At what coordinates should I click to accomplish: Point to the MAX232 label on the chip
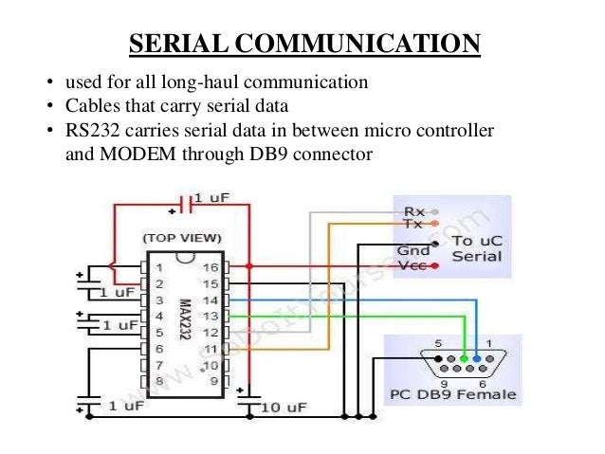click(x=185, y=321)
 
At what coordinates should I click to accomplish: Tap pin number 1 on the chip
click(x=159, y=267)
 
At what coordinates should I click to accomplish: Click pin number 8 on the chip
click(x=159, y=380)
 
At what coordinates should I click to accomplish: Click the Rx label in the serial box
click(x=414, y=210)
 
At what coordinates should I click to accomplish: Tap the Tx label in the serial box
click(x=414, y=224)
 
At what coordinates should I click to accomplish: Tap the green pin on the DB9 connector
click(x=464, y=360)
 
